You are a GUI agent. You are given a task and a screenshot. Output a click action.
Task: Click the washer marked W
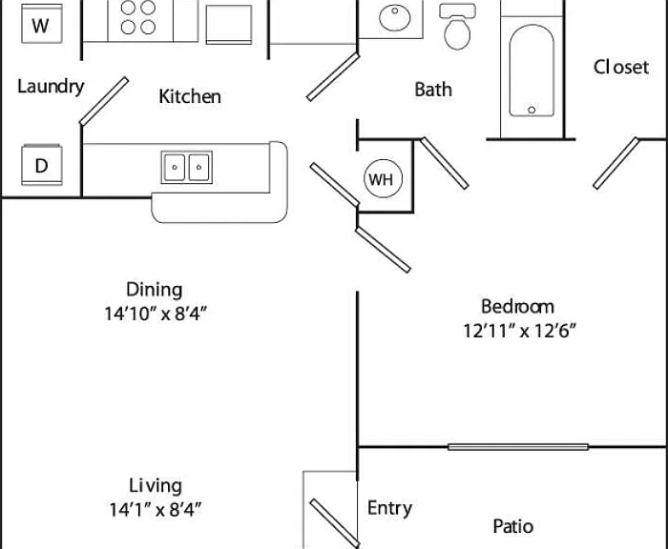point(42,24)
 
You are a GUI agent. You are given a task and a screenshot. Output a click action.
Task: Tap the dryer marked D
point(42,165)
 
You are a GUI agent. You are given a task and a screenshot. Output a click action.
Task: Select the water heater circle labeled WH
point(383,179)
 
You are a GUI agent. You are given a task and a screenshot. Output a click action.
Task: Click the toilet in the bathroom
point(457,27)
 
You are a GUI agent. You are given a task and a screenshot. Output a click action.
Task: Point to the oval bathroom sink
point(395,17)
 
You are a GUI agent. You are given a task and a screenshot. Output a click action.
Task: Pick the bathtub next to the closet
point(532,71)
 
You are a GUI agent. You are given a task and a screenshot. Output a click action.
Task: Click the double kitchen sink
point(187,167)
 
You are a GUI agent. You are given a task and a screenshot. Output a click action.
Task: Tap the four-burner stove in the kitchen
point(138,18)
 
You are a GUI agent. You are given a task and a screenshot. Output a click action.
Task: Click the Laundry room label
point(51,87)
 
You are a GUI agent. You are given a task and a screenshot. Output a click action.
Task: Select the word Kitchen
point(190,96)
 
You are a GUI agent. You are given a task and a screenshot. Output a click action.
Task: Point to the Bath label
point(433,90)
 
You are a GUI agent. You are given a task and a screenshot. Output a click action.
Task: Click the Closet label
point(621,68)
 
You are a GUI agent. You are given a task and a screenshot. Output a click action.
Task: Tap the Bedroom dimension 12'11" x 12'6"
point(519,330)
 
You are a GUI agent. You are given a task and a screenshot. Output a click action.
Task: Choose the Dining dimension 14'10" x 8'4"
point(156,314)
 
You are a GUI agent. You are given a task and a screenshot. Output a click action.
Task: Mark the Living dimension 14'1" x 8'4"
point(156,509)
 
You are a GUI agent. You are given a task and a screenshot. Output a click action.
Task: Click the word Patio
point(513,526)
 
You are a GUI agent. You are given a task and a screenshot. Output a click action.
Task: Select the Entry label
point(389,509)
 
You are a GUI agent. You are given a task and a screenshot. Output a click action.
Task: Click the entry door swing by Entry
point(335,523)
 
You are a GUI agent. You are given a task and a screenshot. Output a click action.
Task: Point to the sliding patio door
point(518,447)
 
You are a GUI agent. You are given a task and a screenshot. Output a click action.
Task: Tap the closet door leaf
point(616,163)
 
